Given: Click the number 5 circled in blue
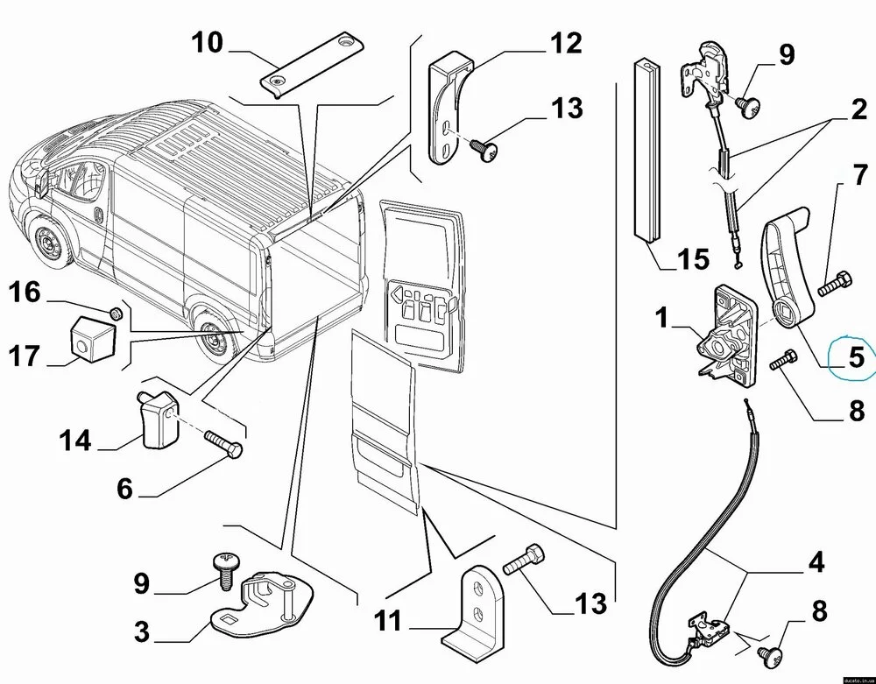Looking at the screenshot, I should (853, 357).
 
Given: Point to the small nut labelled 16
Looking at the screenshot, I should (115, 312).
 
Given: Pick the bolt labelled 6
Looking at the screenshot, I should (225, 445).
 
